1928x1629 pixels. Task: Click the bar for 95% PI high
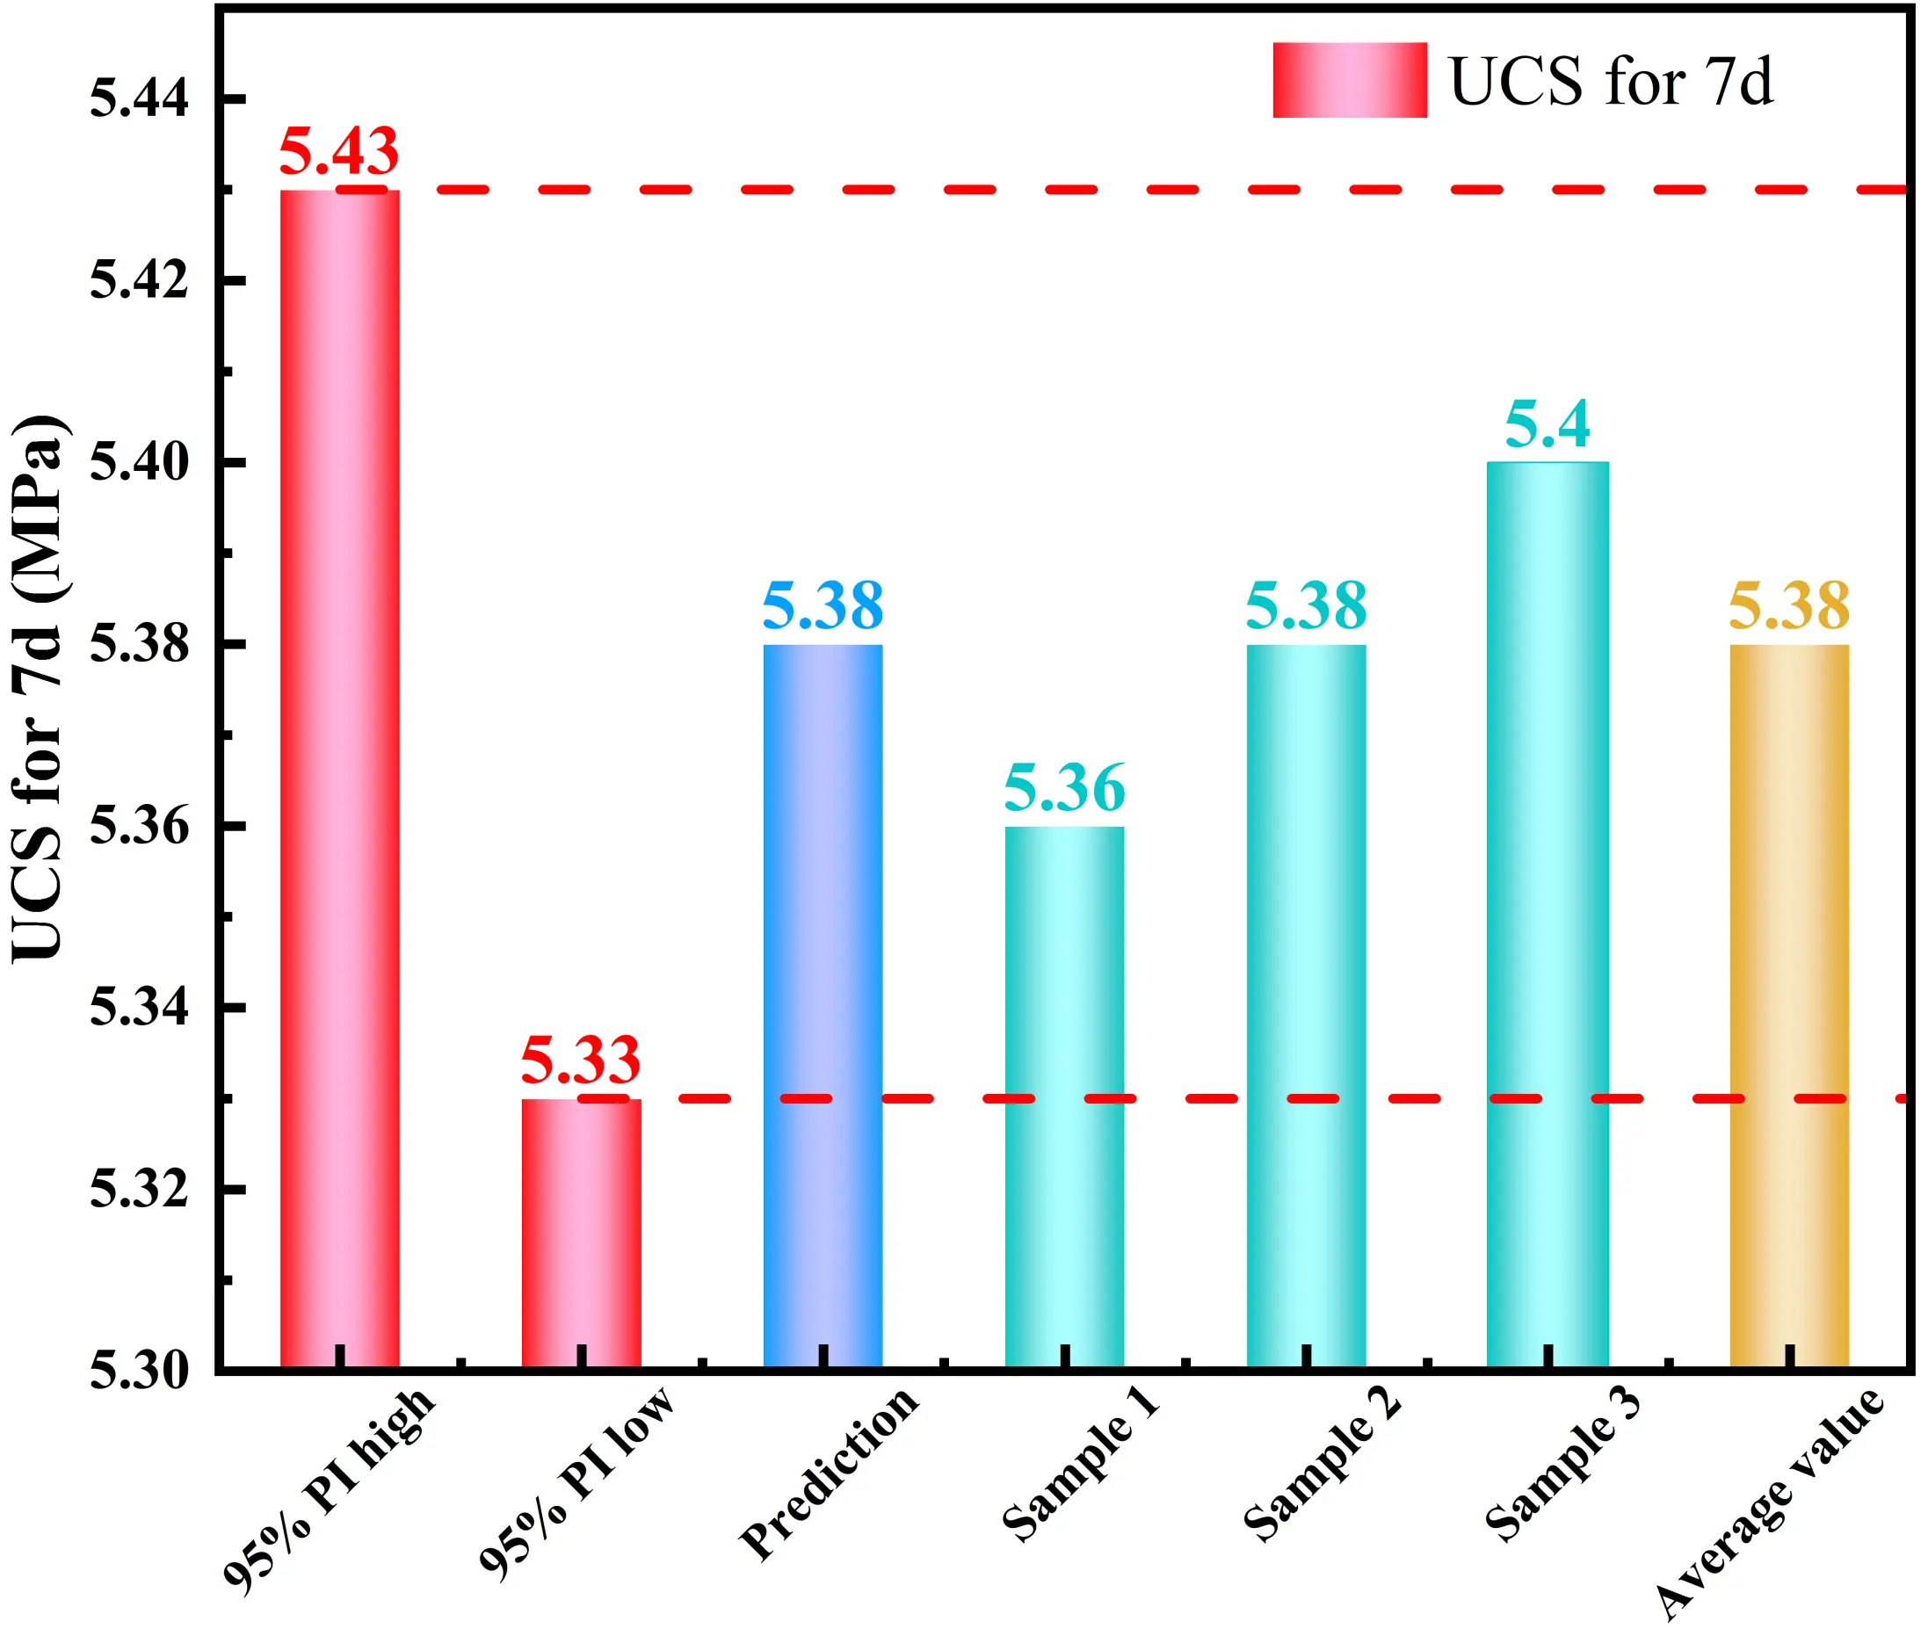point(340,776)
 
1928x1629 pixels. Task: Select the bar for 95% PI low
point(581,1232)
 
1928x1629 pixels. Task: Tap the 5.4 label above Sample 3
point(1547,424)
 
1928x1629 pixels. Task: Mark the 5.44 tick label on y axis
point(139,98)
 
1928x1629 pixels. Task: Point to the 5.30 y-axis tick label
point(139,1371)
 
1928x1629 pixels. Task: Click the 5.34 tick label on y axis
point(139,1007)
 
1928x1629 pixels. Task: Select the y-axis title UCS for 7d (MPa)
point(39,688)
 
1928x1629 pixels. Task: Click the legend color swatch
point(1349,80)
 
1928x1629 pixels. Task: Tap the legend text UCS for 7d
point(1611,81)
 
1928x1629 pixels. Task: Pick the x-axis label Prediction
point(830,1473)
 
